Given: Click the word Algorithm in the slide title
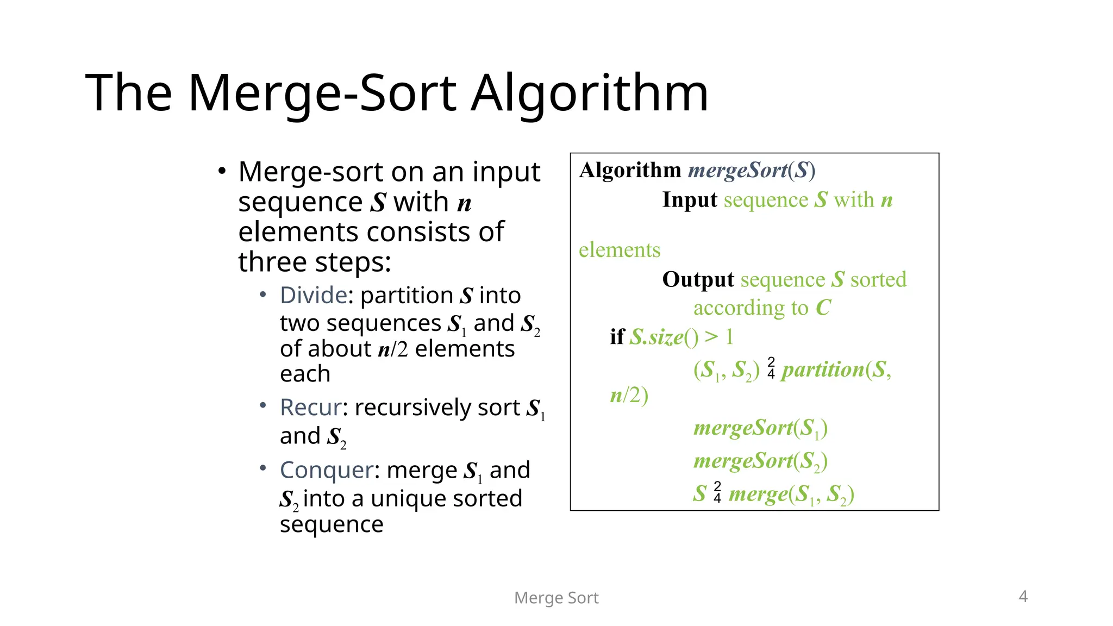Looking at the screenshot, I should [x=589, y=93].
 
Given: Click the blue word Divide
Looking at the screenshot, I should [x=313, y=296].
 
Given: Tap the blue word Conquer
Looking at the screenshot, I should [x=327, y=470].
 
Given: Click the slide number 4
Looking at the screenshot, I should [x=1023, y=596].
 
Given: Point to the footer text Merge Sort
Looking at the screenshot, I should [x=556, y=598].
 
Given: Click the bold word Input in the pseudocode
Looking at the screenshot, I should [x=690, y=200].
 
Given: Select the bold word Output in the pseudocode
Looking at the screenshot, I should [x=698, y=279].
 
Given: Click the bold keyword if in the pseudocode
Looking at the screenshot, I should [x=617, y=337].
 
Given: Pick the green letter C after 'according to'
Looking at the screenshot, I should [x=823, y=308].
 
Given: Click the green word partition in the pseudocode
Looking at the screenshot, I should [x=823, y=370].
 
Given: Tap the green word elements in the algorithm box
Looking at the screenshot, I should [x=620, y=250].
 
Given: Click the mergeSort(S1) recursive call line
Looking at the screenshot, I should [x=760, y=428].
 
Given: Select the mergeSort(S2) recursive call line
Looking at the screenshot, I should [x=760, y=461].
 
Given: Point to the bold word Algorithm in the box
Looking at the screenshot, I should [x=630, y=170].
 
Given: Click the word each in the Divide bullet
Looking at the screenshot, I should [x=305, y=374].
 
